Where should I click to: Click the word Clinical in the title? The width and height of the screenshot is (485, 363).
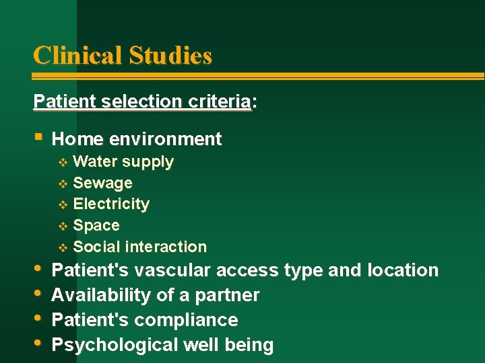77,55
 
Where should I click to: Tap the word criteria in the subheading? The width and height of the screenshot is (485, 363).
218,102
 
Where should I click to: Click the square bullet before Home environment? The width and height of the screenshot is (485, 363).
38,137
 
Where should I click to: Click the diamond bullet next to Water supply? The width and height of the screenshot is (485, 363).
63,162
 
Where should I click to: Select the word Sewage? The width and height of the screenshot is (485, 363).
102,183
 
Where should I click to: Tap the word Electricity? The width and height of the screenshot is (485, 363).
111,204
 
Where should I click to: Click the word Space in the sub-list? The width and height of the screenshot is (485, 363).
96,225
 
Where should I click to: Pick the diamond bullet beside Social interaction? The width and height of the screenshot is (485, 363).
63,247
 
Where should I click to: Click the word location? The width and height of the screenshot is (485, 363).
403,270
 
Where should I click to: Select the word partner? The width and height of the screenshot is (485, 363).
228,295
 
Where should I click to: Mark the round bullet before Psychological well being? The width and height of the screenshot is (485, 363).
38,343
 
